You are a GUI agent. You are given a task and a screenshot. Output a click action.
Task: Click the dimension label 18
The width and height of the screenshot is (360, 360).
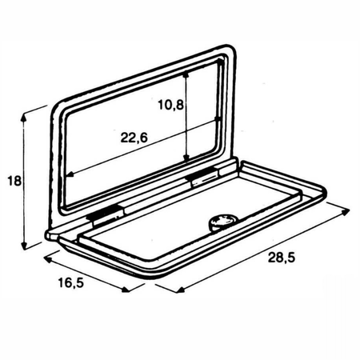(14, 181)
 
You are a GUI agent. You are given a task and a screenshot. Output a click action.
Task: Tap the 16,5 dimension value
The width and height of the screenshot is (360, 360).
(71, 283)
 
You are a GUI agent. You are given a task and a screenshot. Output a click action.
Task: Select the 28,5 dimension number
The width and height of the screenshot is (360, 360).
(282, 258)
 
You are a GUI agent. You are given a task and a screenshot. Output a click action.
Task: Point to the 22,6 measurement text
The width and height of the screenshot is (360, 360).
(134, 138)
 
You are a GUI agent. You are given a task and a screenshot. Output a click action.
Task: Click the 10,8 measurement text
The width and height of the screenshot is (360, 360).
(171, 105)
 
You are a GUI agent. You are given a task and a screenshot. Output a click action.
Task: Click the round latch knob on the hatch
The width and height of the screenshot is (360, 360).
(223, 222)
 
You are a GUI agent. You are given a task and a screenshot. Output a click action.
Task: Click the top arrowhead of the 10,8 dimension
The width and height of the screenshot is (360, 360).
(186, 75)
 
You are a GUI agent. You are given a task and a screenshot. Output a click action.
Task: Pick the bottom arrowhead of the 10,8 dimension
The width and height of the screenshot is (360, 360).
(186, 158)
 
